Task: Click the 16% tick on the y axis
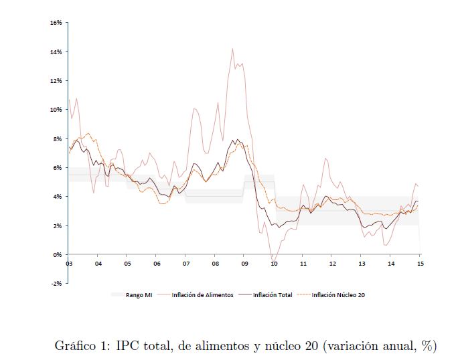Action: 56,23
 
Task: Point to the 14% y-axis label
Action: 56,52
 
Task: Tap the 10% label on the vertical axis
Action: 56,110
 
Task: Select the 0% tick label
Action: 58,254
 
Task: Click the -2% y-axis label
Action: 56,284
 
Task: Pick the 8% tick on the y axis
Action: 58,139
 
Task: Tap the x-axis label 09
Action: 244,264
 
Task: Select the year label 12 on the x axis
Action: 332,264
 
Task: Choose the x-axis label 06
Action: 156,264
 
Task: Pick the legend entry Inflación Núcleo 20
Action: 337,294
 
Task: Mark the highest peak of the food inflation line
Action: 232,49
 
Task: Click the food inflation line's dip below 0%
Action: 273,259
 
